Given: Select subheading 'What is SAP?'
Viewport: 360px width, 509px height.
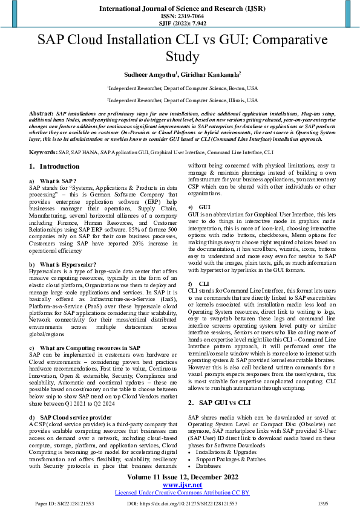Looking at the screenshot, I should point(58,181).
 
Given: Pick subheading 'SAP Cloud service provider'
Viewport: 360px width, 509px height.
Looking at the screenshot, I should point(76,418).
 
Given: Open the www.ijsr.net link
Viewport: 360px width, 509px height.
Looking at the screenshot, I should point(179,485).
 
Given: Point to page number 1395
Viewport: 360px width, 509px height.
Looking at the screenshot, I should point(322,503).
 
